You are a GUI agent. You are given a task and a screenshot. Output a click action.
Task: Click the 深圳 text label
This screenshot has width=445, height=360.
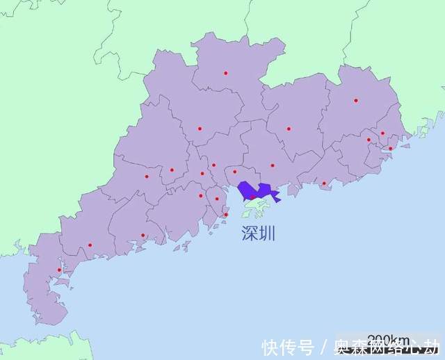coord(259,233)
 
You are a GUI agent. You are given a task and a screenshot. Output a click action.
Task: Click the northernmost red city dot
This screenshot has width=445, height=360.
coord(225,73)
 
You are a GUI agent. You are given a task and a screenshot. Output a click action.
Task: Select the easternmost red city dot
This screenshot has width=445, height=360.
coord(391,148)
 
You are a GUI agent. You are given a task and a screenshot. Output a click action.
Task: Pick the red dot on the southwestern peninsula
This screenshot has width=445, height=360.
coord(59,270)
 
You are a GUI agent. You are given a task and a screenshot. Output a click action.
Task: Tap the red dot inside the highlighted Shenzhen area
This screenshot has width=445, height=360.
coord(252,197)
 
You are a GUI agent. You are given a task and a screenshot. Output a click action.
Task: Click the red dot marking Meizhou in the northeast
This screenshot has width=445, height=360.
coord(355,100)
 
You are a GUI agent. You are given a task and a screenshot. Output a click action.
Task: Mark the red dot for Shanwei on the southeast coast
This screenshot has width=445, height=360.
coord(323,183)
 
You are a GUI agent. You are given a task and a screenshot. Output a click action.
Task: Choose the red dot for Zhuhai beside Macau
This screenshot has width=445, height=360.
coord(226,214)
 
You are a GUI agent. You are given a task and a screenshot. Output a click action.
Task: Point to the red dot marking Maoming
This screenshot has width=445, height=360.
coord(90,245)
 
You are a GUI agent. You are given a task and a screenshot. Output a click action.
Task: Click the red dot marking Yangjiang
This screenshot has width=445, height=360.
coord(143,235)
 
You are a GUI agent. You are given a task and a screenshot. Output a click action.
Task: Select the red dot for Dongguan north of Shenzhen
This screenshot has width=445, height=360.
coord(235,172)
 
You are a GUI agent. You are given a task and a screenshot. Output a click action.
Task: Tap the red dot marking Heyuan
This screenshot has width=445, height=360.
coord(289,129)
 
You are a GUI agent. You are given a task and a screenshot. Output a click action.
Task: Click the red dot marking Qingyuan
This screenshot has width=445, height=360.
coord(200,129)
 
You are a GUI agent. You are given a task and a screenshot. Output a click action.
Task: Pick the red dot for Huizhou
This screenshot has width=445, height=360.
coord(273,165)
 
